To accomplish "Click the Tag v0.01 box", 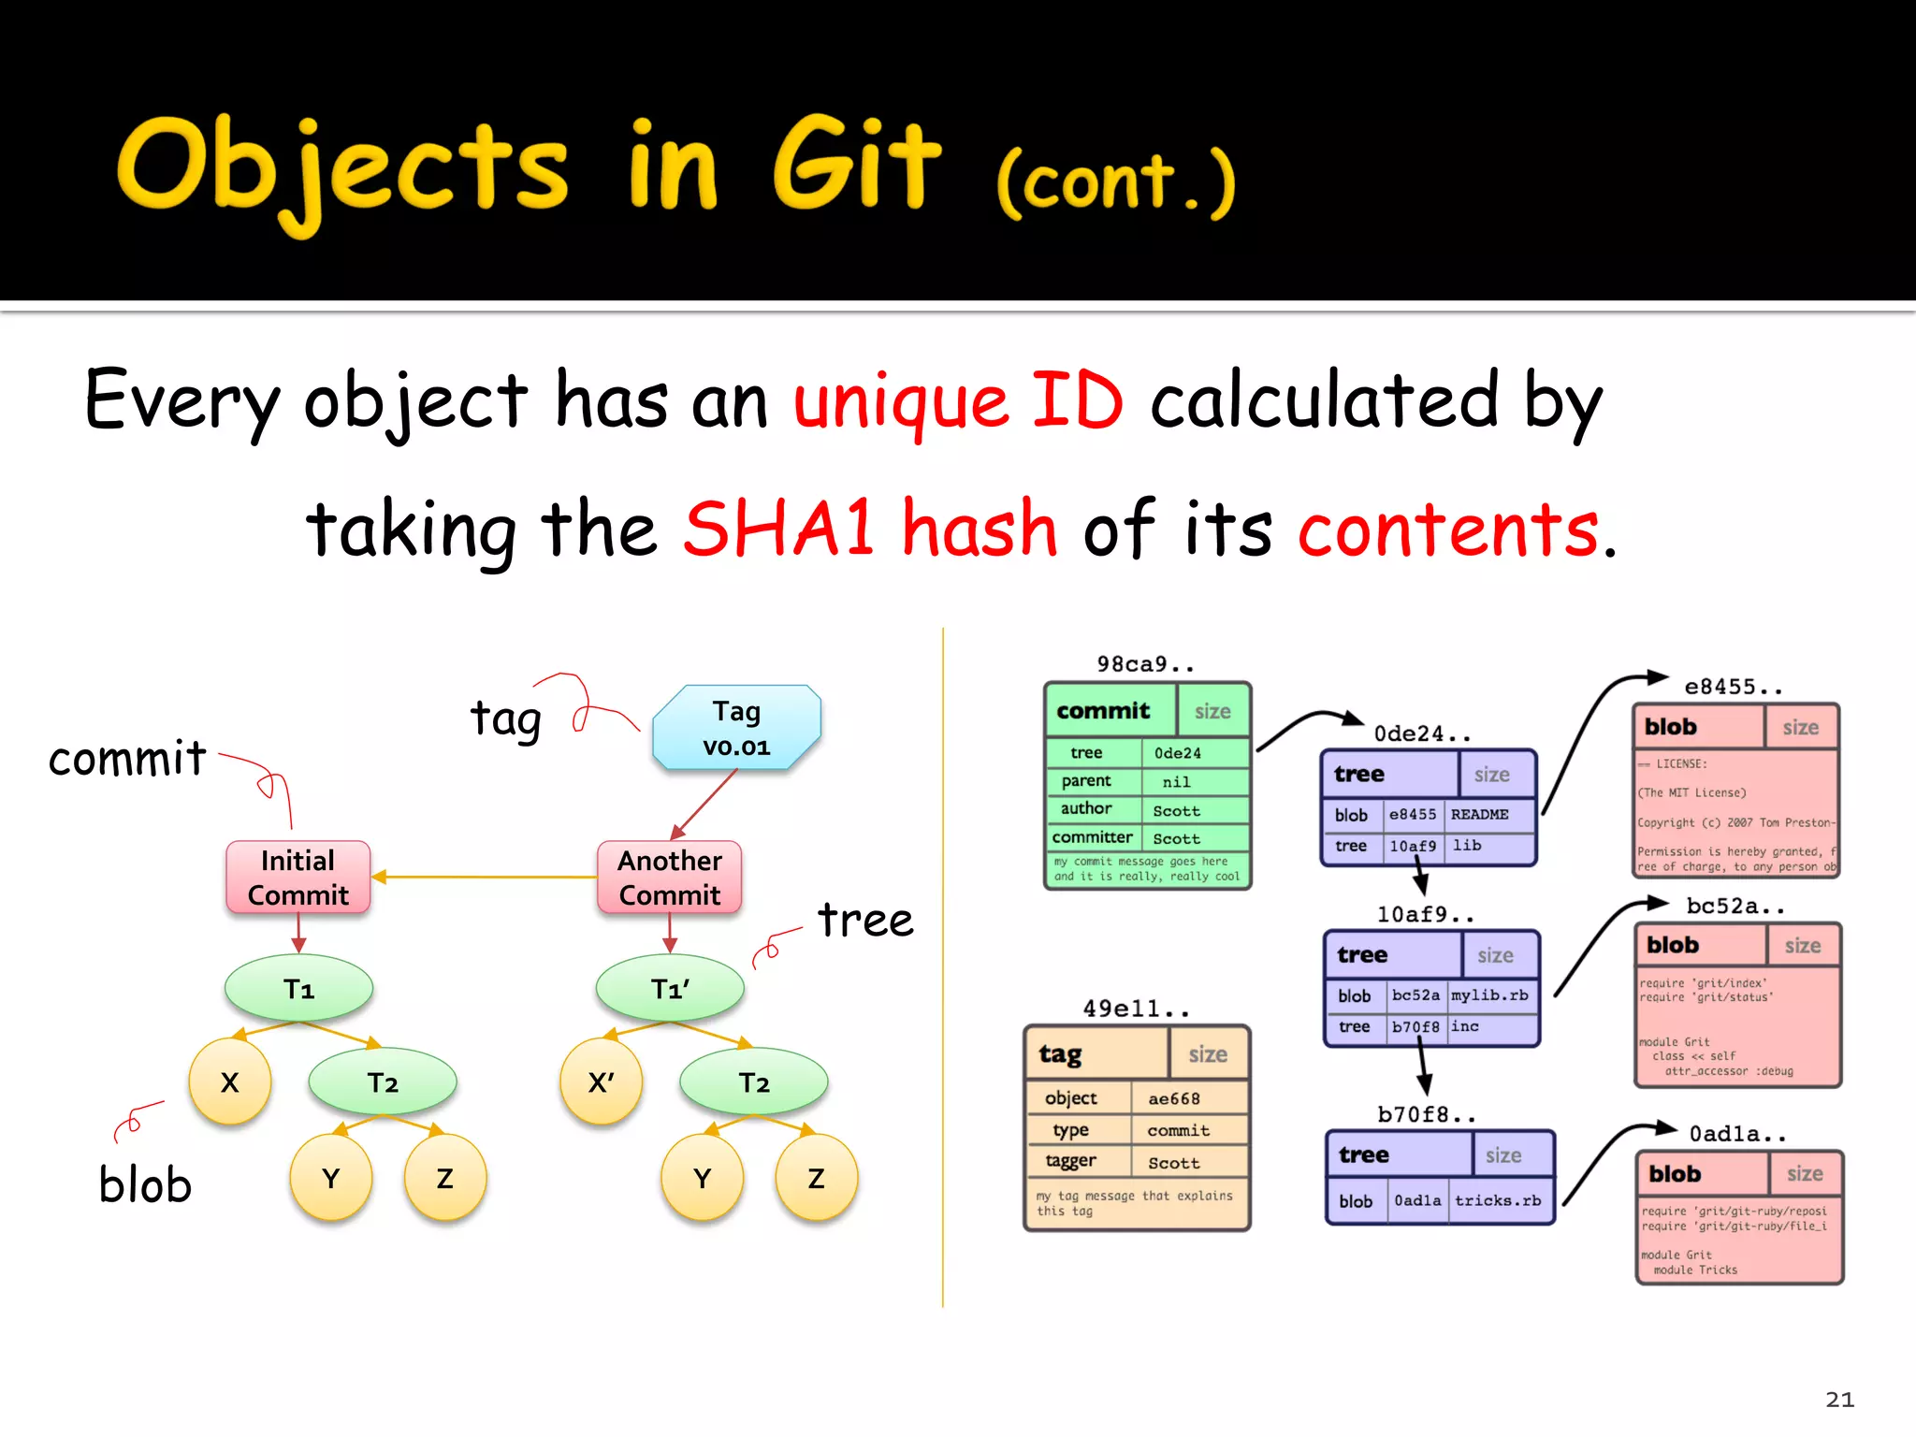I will [x=736, y=728].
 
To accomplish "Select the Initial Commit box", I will [x=298, y=878].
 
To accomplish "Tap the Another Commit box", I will [x=670, y=878].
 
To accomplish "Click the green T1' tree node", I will [x=670, y=989].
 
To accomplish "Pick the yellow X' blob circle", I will [x=601, y=1082].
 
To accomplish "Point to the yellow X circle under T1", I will [x=230, y=1082].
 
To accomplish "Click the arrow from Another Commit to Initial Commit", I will [x=484, y=878].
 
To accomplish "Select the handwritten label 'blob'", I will [x=145, y=1185].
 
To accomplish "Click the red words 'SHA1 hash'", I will [x=870, y=530].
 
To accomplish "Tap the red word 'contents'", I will [x=1448, y=530].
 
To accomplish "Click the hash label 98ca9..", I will [x=1144, y=664].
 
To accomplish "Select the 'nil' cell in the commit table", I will [x=1176, y=782].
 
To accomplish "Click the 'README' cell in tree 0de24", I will [x=1479, y=815].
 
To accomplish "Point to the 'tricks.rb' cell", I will [x=1497, y=1200].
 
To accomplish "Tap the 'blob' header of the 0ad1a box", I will [x=1675, y=1174].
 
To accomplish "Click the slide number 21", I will [x=1839, y=1400].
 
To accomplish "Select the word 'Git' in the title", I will [x=856, y=167].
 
